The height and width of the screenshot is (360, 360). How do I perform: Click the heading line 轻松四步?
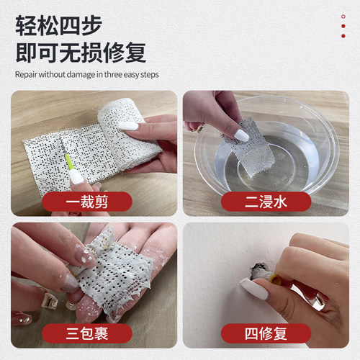pyautogui.click(x=58, y=25)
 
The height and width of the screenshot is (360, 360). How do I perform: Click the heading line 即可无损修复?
pyautogui.click(x=80, y=52)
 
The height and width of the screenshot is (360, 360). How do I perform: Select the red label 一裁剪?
pyautogui.click(x=86, y=202)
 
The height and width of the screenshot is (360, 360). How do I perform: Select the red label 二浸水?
pyautogui.click(x=266, y=202)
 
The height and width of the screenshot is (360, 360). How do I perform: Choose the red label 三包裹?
pyautogui.click(x=86, y=334)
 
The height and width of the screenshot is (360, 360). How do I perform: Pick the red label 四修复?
pyautogui.click(x=266, y=334)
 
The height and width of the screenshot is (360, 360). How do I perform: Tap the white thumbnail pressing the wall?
pyautogui.click(x=254, y=289)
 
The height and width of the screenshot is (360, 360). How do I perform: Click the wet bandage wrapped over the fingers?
pyautogui.click(x=115, y=270)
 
